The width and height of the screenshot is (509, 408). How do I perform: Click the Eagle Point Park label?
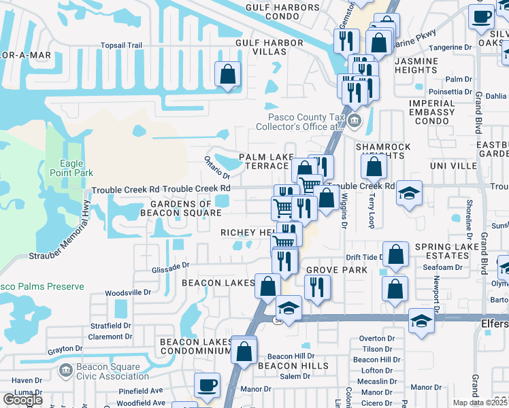pos(76,168)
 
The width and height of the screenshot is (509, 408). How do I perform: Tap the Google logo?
pos(22,399)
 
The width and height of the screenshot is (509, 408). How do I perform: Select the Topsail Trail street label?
pos(121,45)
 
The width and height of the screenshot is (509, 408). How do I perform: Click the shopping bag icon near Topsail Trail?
pos(228,74)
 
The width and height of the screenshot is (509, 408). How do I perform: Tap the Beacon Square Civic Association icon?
pos(66,371)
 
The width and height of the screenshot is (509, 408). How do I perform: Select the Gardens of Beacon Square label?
pos(181,208)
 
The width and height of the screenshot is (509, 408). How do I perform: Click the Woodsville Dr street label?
pos(128,292)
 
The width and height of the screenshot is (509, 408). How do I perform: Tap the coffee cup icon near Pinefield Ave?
pos(207,385)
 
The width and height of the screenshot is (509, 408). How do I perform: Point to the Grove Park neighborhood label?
pos(336,270)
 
